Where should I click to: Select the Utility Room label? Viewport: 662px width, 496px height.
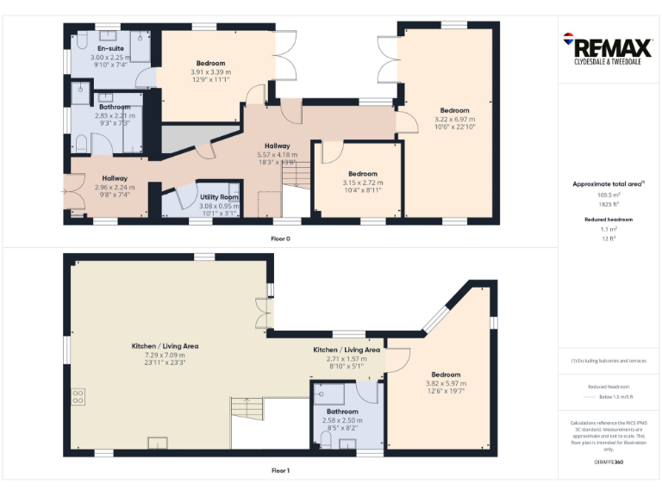click(x=219, y=197)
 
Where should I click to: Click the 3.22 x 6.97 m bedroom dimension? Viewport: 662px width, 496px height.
click(x=454, y=119)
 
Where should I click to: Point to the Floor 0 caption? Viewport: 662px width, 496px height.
click(x=280, y=239)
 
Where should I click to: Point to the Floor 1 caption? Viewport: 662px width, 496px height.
click(x=280, y=471)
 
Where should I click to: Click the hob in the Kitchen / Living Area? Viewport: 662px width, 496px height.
click(x=78, y=396)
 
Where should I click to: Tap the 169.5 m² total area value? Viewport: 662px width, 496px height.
click(x=609, y=195)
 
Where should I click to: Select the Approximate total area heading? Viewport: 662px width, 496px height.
click(x=609, y=184)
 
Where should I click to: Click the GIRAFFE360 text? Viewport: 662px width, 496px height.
click(x=609, y=462)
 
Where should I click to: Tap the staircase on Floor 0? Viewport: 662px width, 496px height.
click(x=296, y=178)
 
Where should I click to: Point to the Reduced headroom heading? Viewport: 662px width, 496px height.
click(x=609, y=220)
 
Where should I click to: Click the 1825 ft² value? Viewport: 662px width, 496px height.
click(x=609, y=203)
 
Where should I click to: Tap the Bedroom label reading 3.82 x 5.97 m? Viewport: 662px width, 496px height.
click(x=446, y=375)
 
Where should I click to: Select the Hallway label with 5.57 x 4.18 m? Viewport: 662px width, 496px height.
click(x=277, y=146)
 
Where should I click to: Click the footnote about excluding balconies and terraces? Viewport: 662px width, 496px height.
click(x=609, y=361)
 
